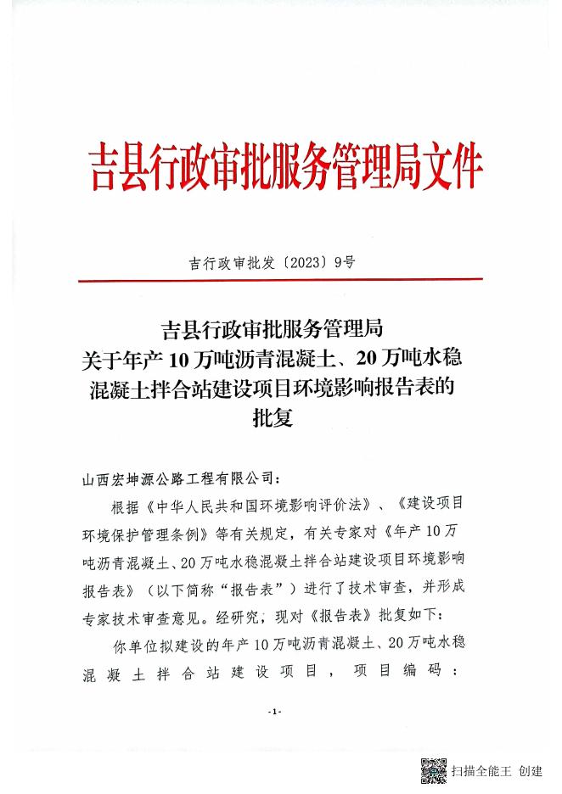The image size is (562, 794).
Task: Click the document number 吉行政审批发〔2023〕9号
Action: click(271, 263)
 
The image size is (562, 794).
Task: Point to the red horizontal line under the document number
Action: click(280, 279)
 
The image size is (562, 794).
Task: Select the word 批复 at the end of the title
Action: click(271, 418)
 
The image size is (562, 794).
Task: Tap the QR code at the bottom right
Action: click(434, 770)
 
